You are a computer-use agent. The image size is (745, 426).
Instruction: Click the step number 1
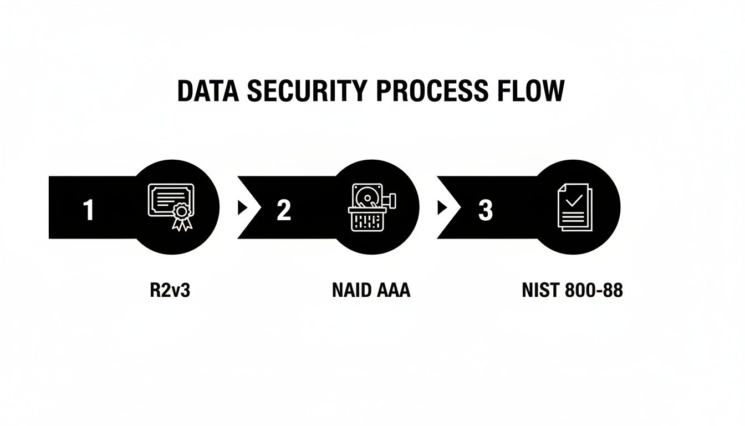(88, 211)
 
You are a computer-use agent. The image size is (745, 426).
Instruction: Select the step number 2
(283, 211)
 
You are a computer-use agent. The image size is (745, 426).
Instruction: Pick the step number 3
(485, 211)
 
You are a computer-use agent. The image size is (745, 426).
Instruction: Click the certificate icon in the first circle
(171, 203)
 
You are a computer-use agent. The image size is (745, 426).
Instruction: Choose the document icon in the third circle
(575, 208)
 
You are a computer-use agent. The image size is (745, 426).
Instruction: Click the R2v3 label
(170, 290)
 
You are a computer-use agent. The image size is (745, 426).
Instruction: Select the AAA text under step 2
(393, 290)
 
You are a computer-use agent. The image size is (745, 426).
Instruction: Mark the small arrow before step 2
(242, 207)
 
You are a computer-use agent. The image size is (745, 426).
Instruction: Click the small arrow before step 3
(442, 207)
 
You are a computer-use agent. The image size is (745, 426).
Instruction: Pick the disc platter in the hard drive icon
(366, 196)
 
